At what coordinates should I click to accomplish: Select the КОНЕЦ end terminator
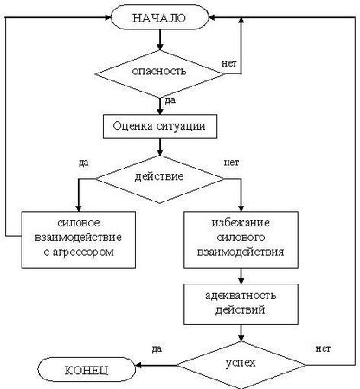[85, 369]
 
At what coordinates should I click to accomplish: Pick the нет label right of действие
[231, 162]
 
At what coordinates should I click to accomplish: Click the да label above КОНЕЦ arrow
[157, 348]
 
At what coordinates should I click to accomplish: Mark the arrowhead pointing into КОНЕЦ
[142, 369]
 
